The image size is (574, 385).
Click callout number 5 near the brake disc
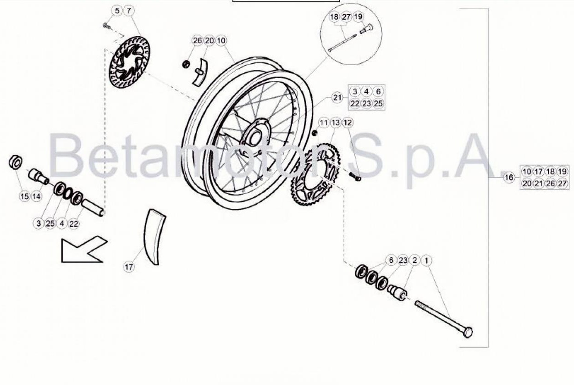click(x=117, y=11)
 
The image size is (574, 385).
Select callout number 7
click(x=129, y=11)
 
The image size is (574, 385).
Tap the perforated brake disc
click(x=130, y=62)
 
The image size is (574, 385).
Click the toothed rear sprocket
click(x=316, y=174)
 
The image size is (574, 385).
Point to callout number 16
click(x=508, y=177)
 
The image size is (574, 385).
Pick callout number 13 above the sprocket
click(x=336, y=123)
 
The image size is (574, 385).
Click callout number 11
click(x=324, y=123)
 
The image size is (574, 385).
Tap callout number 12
click(x=347, y=123)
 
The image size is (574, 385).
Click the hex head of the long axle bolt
click(x=468, y=332)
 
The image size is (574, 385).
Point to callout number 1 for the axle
click(x=426, y=261)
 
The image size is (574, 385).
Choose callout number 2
click(x=414, y=260)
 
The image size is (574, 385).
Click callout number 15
click(x=25, y=196)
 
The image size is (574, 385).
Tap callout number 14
click(x=36, y=196)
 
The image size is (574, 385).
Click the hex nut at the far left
click(x=16, y=162)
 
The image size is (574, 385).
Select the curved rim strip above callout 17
click(x=154, y=236)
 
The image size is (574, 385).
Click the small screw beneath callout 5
click(x=106, y=26)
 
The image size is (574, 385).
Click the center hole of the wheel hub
click(x=254, y=139)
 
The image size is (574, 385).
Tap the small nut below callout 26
click(x=186, y=64)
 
